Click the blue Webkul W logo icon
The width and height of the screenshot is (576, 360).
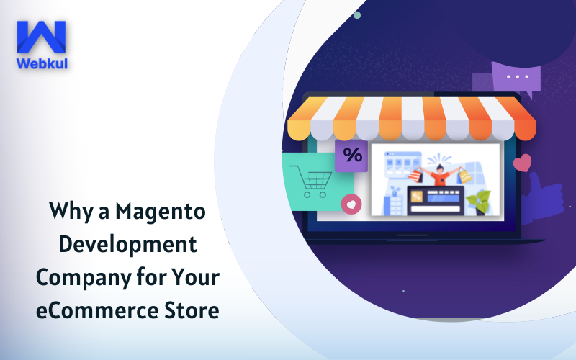point(41,37)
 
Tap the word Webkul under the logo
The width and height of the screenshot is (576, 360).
point(42,63)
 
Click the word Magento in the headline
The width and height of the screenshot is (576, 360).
point(161,212)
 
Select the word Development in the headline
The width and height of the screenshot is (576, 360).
point(128,245)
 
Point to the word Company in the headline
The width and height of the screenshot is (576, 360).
point(83,278)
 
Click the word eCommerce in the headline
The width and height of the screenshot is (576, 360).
point(96,310)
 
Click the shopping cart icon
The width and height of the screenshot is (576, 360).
point(311,181)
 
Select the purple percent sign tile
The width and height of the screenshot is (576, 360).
point(351,156)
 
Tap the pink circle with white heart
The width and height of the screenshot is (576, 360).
point(351,204)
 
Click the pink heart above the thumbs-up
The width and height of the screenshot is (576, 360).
point(523,163)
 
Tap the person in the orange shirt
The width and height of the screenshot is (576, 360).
point(439,174)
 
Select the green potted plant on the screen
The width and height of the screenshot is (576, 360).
point(479,203)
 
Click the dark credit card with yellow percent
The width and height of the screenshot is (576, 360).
point(436,201)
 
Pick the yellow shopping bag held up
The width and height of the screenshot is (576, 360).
point(464,176)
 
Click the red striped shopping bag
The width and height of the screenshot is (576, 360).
point(416,176)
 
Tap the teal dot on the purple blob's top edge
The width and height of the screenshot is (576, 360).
point(356,15)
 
